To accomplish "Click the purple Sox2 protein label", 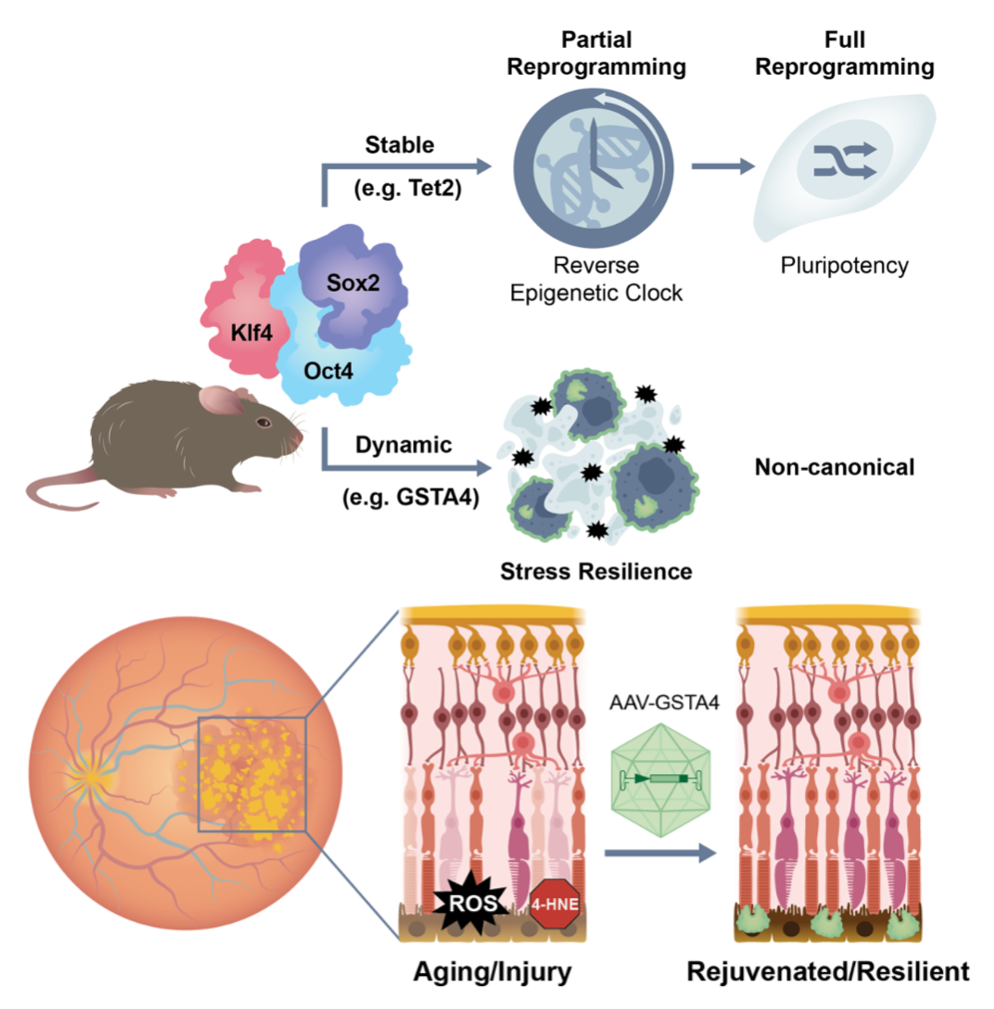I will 353,283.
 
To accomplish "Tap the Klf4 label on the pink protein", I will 251,333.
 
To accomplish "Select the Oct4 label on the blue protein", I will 328,371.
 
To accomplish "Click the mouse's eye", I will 264,422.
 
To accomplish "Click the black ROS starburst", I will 471,903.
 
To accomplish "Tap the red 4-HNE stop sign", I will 554,905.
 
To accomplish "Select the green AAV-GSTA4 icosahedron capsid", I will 660,779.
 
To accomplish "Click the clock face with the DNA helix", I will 593,168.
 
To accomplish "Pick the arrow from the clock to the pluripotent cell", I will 722,166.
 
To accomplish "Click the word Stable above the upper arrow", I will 400,145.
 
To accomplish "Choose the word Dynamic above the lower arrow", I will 403,444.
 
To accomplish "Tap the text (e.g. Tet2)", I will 407,188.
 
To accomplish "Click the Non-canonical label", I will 834,467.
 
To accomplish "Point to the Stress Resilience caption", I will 596,571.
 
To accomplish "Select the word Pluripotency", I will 844,265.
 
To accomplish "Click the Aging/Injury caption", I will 492,972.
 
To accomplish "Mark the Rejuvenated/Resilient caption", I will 827,972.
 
